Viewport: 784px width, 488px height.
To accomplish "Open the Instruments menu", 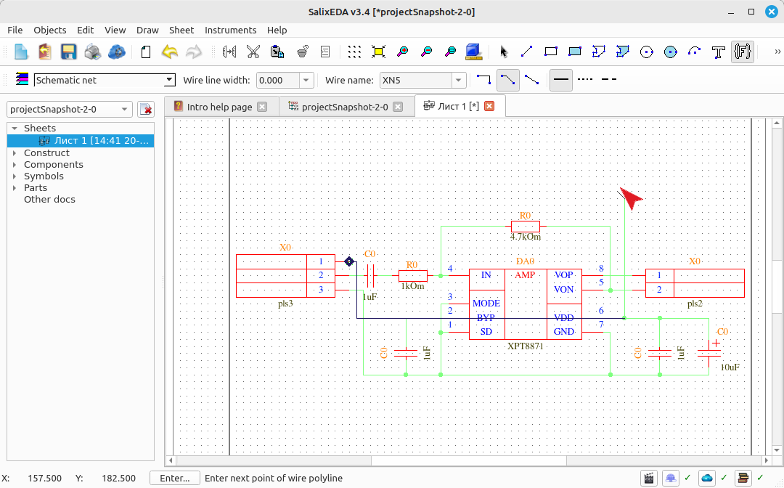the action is [x=230, y=30].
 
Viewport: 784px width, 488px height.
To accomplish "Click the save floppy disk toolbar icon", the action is [x=68, y=52].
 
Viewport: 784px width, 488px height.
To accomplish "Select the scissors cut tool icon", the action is [x=253, y=52].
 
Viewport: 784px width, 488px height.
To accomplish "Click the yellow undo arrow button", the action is [x=170, y=52].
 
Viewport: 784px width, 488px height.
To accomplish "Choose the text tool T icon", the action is [x=718, y=52].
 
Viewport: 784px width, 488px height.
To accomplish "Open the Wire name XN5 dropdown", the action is [x=458, y=80].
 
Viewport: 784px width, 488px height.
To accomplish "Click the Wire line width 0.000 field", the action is [x=278, y=80].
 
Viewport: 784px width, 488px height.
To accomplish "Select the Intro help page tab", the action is [x=219, y=107].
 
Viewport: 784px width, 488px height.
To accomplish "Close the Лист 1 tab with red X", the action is [x=489, y=106].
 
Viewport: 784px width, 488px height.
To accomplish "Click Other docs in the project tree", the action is [x=49, y=199].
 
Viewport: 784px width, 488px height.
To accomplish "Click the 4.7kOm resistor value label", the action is [x=525, y=237].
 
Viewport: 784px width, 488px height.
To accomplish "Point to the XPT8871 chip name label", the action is [x=525, y=346].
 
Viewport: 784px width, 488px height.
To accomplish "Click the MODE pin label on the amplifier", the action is [x=486, y=304].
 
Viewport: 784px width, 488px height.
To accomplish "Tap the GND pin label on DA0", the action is [x=564, y=331].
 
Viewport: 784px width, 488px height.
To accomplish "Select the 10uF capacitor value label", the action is [x=730, y=367].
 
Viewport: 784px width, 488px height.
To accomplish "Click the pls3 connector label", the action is [x=285, y=304].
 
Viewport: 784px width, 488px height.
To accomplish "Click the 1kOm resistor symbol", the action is [x=412, y=275].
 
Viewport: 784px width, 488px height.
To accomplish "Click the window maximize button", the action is [x=751, y=12].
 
